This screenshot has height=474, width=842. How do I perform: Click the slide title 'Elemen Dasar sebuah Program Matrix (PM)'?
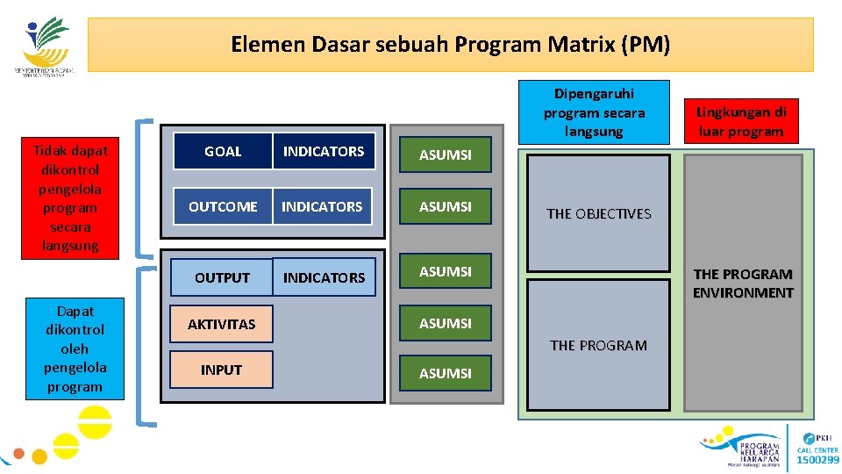tap(450, 44)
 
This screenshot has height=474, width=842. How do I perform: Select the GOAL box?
tap(223, 152)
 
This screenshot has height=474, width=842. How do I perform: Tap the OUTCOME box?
tap(223, 206)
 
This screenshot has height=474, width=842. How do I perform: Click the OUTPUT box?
tap(222, 277)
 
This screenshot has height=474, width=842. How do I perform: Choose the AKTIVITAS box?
tap(222, 324)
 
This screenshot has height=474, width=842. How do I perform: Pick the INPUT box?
tap(222, 370)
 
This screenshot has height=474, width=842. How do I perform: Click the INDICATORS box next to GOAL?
tap(324, 152)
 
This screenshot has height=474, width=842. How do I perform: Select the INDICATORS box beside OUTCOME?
tap(322, 206)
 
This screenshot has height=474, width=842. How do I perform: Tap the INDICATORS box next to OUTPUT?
tap(324, 277)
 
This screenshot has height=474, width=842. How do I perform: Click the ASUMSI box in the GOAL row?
tap(446, 154)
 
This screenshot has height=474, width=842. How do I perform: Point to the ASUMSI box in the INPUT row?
tap(446, 373)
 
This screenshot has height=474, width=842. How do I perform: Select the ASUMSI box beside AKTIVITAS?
tap(446, 323)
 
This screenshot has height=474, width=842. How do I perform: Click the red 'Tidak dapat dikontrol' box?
tap(70, 197)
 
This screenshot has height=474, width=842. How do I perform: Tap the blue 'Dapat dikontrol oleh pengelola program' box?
tap(75, 348)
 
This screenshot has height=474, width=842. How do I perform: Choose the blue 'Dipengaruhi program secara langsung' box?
tap(594, 111)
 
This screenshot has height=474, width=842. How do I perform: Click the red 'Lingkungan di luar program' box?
tap(741, 121)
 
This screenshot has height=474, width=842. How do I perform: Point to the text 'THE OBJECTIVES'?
tap(599, 213)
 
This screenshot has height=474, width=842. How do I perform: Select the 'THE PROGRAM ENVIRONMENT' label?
tap(743, 284)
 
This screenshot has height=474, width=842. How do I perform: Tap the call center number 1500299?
tap(817, 459)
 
